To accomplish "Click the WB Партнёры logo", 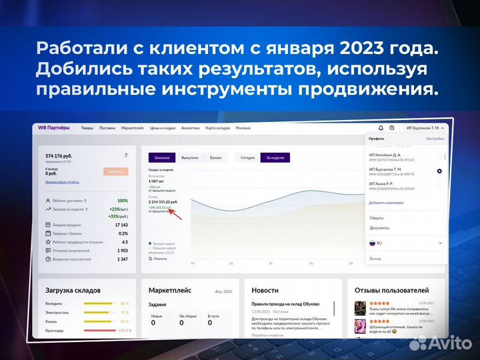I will [54, 127].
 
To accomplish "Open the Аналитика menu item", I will [190, 128].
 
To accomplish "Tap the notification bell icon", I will [381, 128].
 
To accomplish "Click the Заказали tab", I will [162, 157].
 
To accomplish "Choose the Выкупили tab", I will [190, 157].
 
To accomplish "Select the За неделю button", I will [275, 157].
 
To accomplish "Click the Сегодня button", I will [247, 157].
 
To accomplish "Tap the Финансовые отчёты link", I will [62, 181].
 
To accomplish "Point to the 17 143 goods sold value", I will [121, 225].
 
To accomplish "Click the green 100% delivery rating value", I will [123, 201].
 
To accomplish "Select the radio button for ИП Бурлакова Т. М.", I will [439, 171].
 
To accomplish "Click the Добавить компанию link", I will [385, 201].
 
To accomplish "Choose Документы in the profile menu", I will [379, 228].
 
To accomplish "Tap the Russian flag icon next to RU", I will [373, 243].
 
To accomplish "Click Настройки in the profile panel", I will [435, 139].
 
